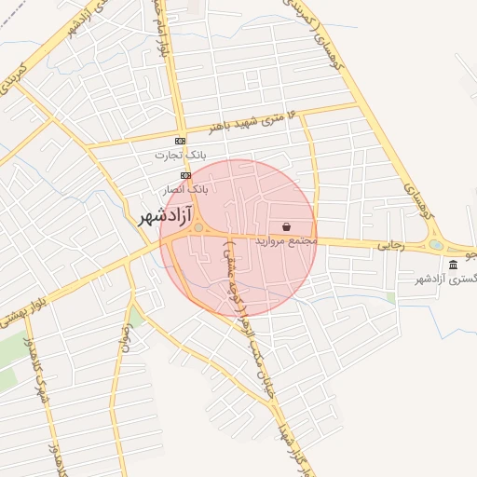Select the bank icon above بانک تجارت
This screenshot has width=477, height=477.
[180, 141]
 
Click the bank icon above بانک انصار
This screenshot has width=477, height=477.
[186, 174]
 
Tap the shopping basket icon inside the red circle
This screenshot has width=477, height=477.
[286, 226]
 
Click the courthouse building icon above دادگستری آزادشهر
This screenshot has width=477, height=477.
[453, 266]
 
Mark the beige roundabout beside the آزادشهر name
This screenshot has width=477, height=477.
[198, 227]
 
